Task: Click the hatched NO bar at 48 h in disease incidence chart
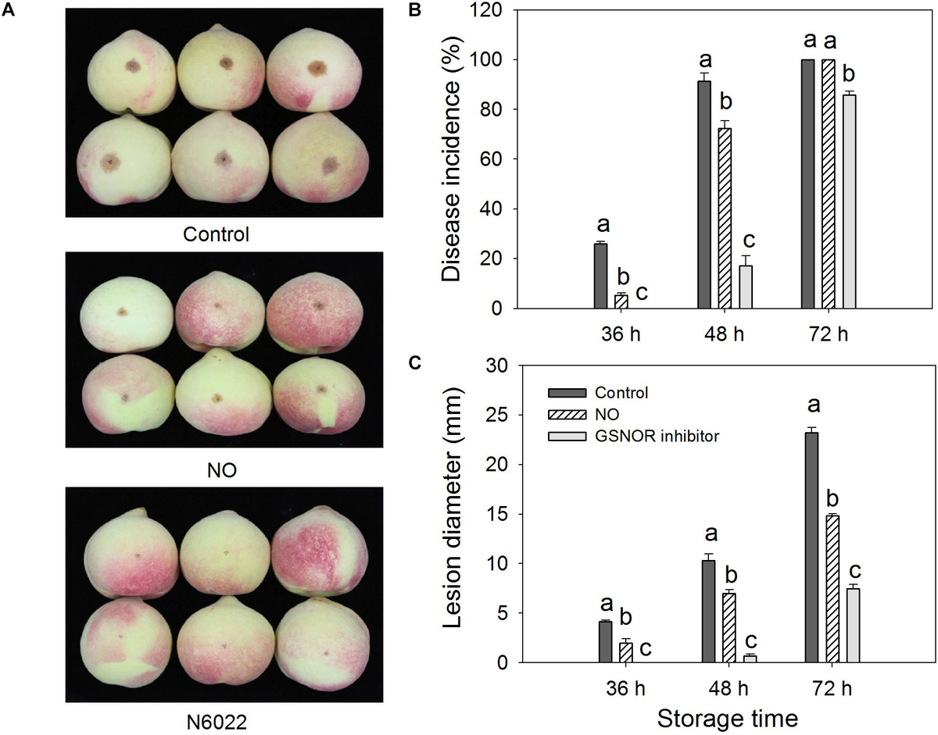tap(725, 219)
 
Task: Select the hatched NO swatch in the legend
tap(566, 414)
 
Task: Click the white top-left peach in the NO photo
tap(124, 311)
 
